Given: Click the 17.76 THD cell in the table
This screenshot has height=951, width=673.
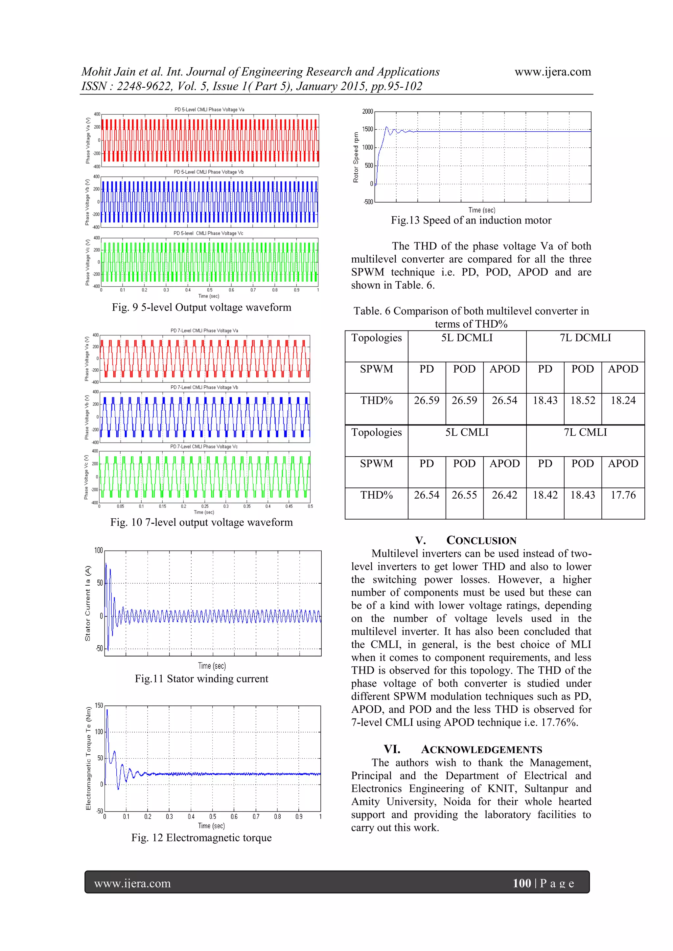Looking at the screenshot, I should pos(622,495).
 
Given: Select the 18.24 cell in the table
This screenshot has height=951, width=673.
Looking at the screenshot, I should pos(622,400).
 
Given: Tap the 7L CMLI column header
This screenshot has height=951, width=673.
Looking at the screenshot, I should pos(585,432).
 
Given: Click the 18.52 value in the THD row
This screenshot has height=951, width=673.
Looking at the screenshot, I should pos(582,400).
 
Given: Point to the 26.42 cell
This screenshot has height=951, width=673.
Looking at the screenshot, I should pos(504,495).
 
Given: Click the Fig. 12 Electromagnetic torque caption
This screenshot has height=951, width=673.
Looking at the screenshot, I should pos(201,837).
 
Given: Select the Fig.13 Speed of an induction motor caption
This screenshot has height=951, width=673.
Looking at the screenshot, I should pos(471,220).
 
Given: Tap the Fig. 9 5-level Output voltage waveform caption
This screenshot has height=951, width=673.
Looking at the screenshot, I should pos(201,307).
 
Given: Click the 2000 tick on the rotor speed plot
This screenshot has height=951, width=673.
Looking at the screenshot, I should pos(367,111).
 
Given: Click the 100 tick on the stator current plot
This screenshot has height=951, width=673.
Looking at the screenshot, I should pos(98,551).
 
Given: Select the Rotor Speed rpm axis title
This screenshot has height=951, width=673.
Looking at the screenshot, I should pos(356,157).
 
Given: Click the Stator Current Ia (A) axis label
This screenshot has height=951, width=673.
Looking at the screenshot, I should pos(87,603).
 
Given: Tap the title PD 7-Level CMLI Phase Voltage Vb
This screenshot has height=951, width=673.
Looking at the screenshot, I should pos(204,387).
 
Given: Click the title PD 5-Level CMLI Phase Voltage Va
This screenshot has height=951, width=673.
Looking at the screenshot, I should pos(209,110).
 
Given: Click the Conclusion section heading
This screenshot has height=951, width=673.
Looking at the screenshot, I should pos(481,541).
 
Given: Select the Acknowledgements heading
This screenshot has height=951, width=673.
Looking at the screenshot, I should pos(481,750).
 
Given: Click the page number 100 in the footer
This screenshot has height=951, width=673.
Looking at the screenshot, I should pos(522,883).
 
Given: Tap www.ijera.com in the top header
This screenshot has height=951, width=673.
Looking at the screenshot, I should pos(552,72).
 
